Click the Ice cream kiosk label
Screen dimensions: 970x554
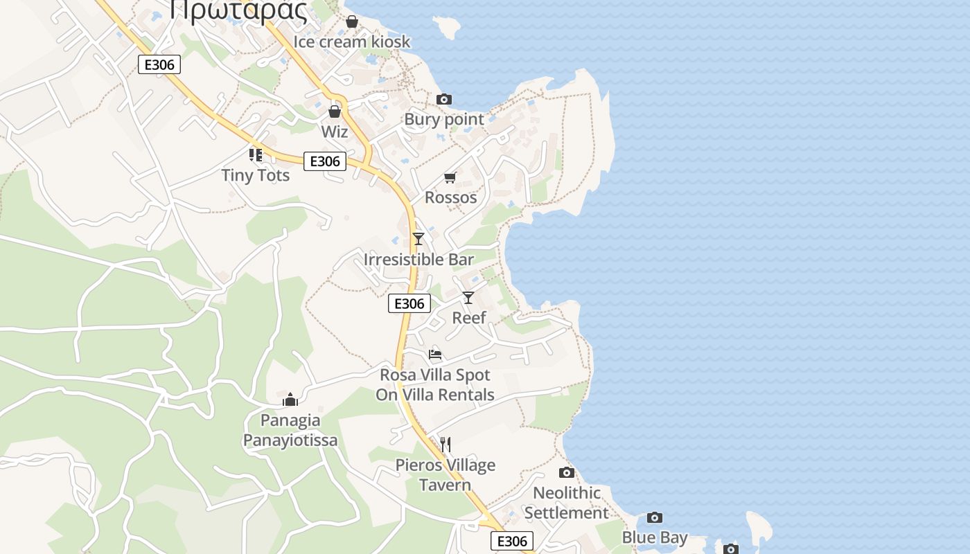coord(351,42)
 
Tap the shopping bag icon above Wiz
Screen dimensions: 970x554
coord(335,111)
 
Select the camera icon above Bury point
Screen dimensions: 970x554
coord(444,100)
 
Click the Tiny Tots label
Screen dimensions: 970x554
coord(255,175)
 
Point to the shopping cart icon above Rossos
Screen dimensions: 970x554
coord(450,178)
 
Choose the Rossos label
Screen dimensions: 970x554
coord(450,197)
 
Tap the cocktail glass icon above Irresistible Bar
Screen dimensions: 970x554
coord(418,239)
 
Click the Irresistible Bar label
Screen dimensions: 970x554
coord(418,260)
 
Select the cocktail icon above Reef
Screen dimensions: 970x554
coord(468,298)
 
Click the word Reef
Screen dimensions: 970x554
coord(469,318)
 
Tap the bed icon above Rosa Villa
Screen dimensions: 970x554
coord(435,355)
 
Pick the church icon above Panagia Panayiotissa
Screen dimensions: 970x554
coord(290,400)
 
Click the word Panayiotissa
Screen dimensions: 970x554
coord(290,440)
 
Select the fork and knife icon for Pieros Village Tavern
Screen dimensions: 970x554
coord(446,444)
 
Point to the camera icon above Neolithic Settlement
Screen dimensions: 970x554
coord(567,473)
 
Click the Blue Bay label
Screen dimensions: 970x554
coord(654,537)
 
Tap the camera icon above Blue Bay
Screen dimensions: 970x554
coord(654,517)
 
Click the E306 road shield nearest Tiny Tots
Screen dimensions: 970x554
coord(324,161)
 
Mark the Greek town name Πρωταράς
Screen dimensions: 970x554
coord(238,10)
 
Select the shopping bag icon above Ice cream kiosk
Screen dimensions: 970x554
coord(352,22)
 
